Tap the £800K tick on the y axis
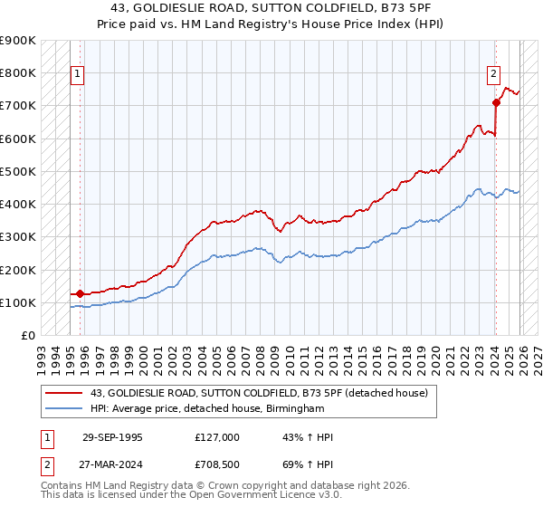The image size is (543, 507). (x=18, y=72)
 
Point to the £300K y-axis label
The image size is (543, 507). (x=18, y=237)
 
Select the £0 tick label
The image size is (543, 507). (x=27, y=336)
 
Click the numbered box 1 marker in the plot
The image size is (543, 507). (x=78, y=75)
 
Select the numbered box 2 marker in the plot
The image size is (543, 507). (x=494, y=75)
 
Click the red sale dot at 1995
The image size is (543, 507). (x=81, y=293)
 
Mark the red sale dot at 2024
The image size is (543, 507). (x=496, y=102)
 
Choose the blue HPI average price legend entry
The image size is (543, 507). (x=207, y=409)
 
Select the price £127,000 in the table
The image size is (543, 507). (x=217, y=437)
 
